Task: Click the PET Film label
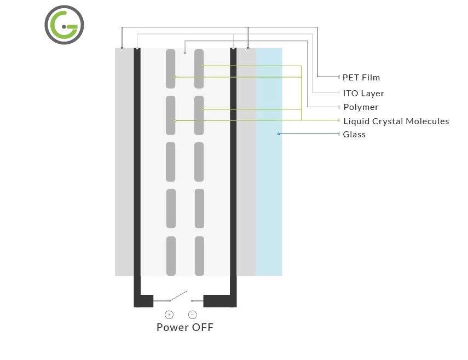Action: tap(361, 78)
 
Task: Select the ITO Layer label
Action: tap(363, 94)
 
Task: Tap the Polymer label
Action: tap(360, 107)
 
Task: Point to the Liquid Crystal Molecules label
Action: tap(396, 121)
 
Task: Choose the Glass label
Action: tap(354, 135)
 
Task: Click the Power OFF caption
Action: tap(185, 328)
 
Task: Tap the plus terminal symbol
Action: tap(169, 315)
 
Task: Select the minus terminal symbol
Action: tap(192, 315)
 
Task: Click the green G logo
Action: tap(64, 25)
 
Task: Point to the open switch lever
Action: tap(178, 295)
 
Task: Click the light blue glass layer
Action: tap(269, 191)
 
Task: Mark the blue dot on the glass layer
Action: tap(279, 134)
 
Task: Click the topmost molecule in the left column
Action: tap(171, 68)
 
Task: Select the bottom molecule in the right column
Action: tap(199, 256)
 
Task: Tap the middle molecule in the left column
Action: tap(171, 162)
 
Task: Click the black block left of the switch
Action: tap(144, 301)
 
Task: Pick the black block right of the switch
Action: tap(219, 301)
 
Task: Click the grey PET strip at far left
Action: tap(124, 164)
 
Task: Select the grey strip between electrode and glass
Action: tap(246, 164)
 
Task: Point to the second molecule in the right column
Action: tap(199, 115)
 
